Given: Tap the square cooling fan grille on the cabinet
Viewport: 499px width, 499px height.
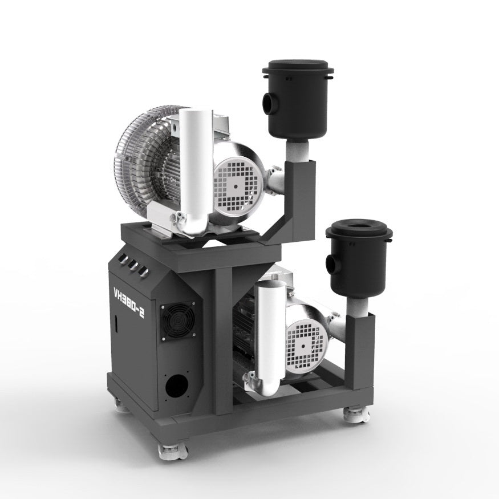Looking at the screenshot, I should click(177, 323).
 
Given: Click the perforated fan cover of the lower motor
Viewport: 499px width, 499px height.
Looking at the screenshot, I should click(307, 342).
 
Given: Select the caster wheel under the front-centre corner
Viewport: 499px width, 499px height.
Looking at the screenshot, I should click(172, 452).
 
